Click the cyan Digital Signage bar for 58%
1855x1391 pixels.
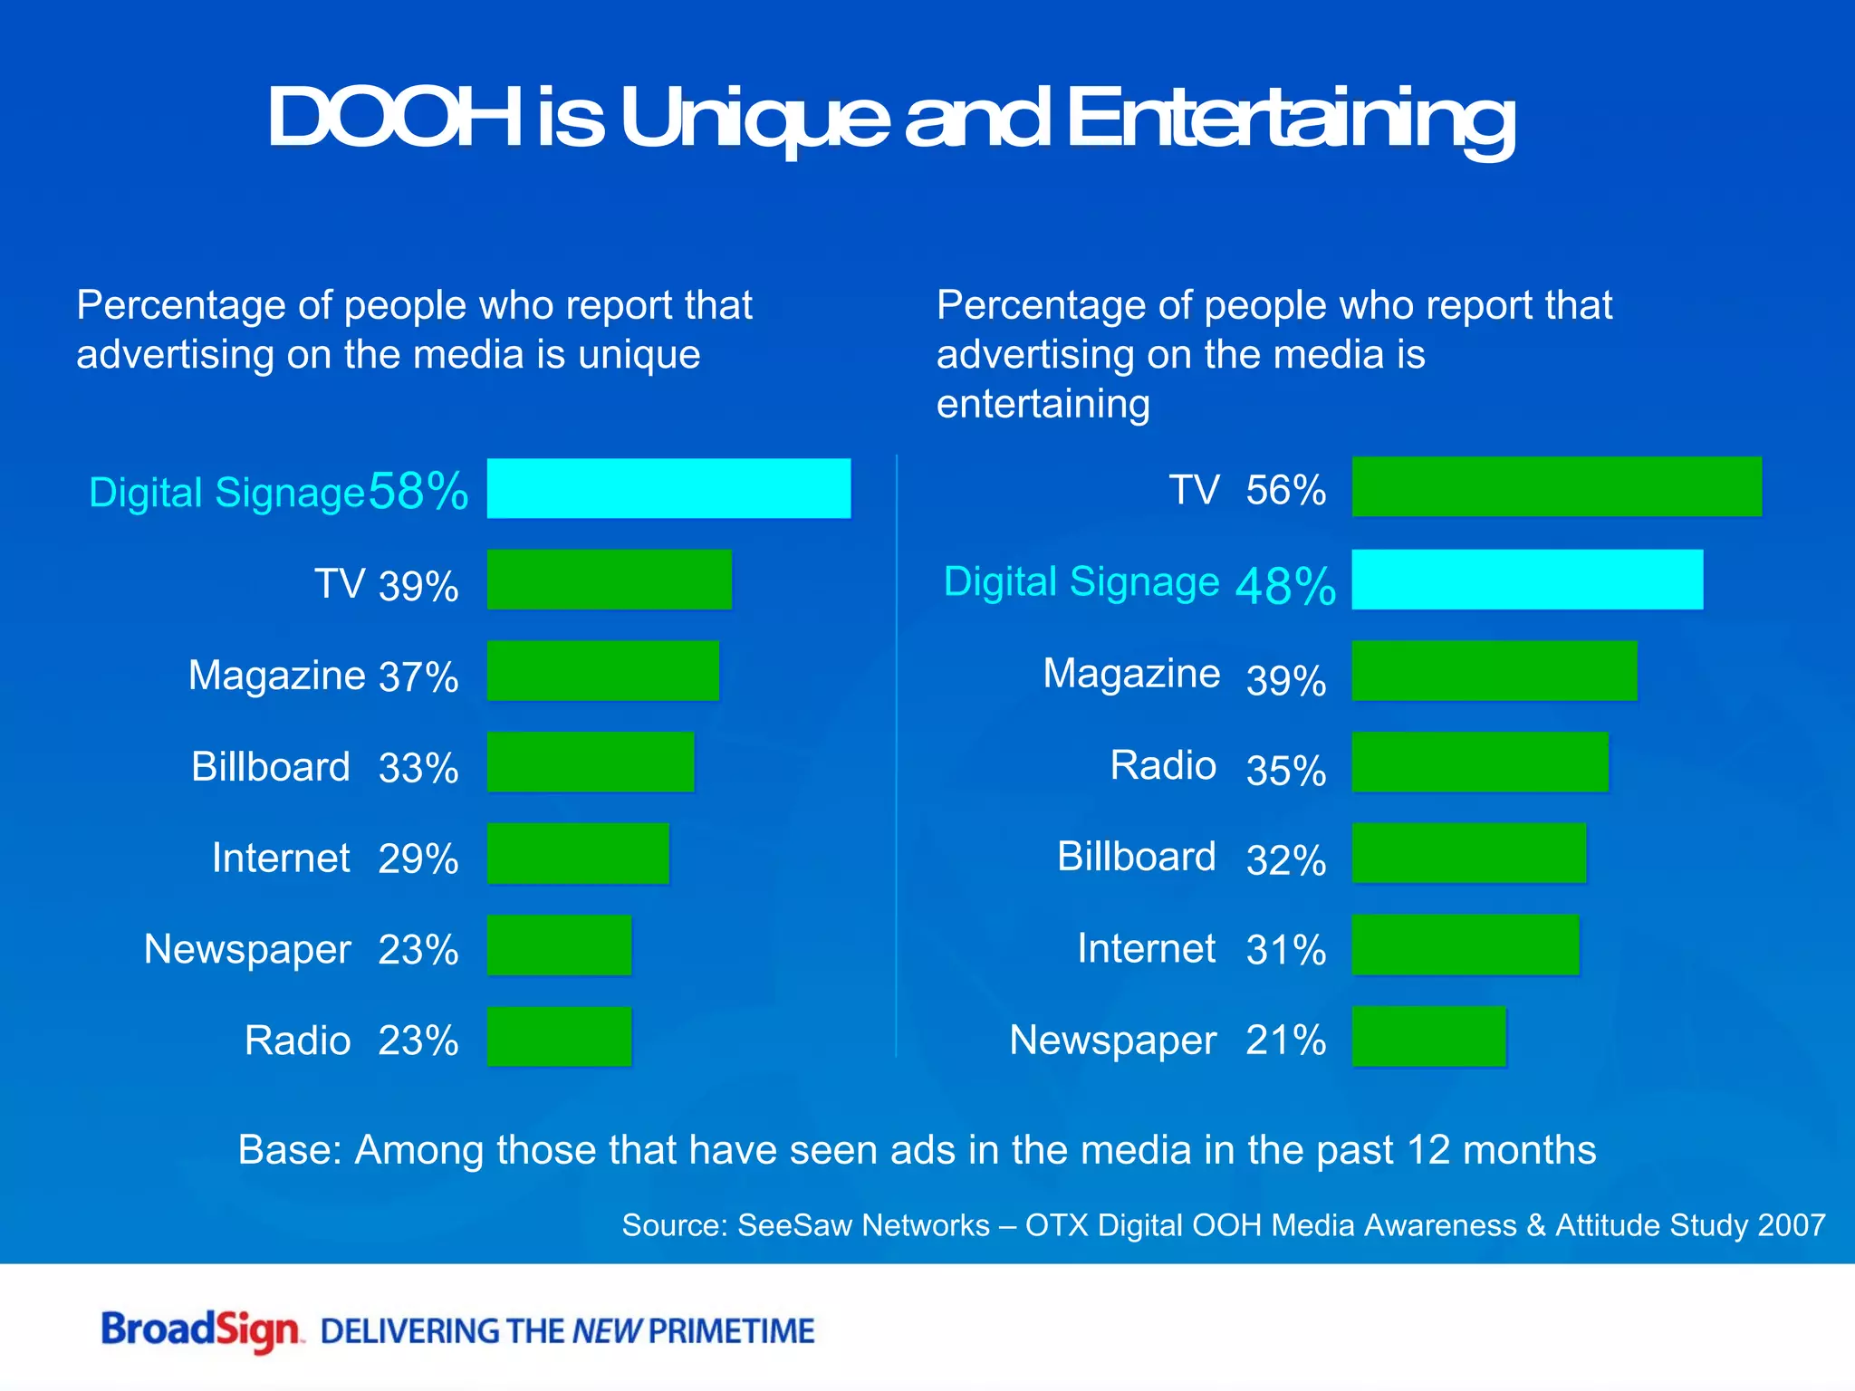(668, 488)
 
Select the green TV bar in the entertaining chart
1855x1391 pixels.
(1556, 486)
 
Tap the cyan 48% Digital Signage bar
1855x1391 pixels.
(1527, 580)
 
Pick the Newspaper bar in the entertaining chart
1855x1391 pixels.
(1428, 1036)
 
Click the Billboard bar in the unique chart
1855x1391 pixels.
(591, 762)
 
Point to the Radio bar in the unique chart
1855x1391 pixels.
(559, 1036)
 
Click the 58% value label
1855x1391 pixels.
(418, 492)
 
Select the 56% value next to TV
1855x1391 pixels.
(1285, 490)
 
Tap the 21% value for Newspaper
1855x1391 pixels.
(1285, 1040)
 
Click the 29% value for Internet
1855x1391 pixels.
(418, 859)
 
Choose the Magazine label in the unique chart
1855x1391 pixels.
(276, 675)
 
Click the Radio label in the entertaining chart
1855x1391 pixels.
(1163, 765)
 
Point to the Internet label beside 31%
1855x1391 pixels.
(1146, 948)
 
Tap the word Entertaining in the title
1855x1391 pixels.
(1290, 120)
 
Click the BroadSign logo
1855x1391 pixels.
(200, 1330)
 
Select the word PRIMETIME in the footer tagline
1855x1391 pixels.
(731, 1331)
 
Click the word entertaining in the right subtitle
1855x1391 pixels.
(1043, 404)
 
